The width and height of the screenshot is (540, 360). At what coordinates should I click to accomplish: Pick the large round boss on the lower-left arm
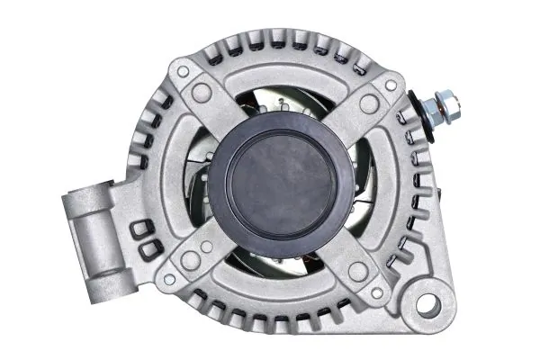[x=191, y=260]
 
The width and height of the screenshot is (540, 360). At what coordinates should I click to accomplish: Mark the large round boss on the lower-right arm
[x=358, y=271]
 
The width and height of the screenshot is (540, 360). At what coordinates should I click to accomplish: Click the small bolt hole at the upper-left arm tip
[x=183, y=71]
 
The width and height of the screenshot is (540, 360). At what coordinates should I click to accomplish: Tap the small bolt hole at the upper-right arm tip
[x=391, y=85]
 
